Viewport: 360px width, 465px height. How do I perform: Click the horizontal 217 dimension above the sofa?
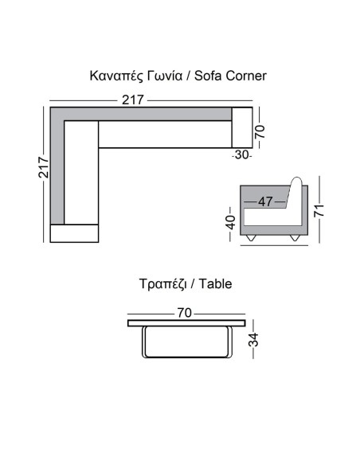tap(133, 100)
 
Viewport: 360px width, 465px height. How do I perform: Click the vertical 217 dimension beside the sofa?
tap(44, 167)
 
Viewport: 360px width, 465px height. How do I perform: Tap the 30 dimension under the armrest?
tap(241, 154)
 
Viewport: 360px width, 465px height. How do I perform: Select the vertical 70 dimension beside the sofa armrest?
tap(260, 131)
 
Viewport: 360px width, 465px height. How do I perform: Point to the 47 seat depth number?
tap(265, 202)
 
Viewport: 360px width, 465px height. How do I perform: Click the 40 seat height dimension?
tap(230, 222)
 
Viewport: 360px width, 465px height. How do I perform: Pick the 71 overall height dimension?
tap(319, 210)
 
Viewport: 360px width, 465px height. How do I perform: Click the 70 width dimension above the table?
tap(185, 313)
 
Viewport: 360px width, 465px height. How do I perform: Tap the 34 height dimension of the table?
tap(253, 339)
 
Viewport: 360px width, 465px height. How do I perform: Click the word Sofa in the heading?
tap(208, 76)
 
